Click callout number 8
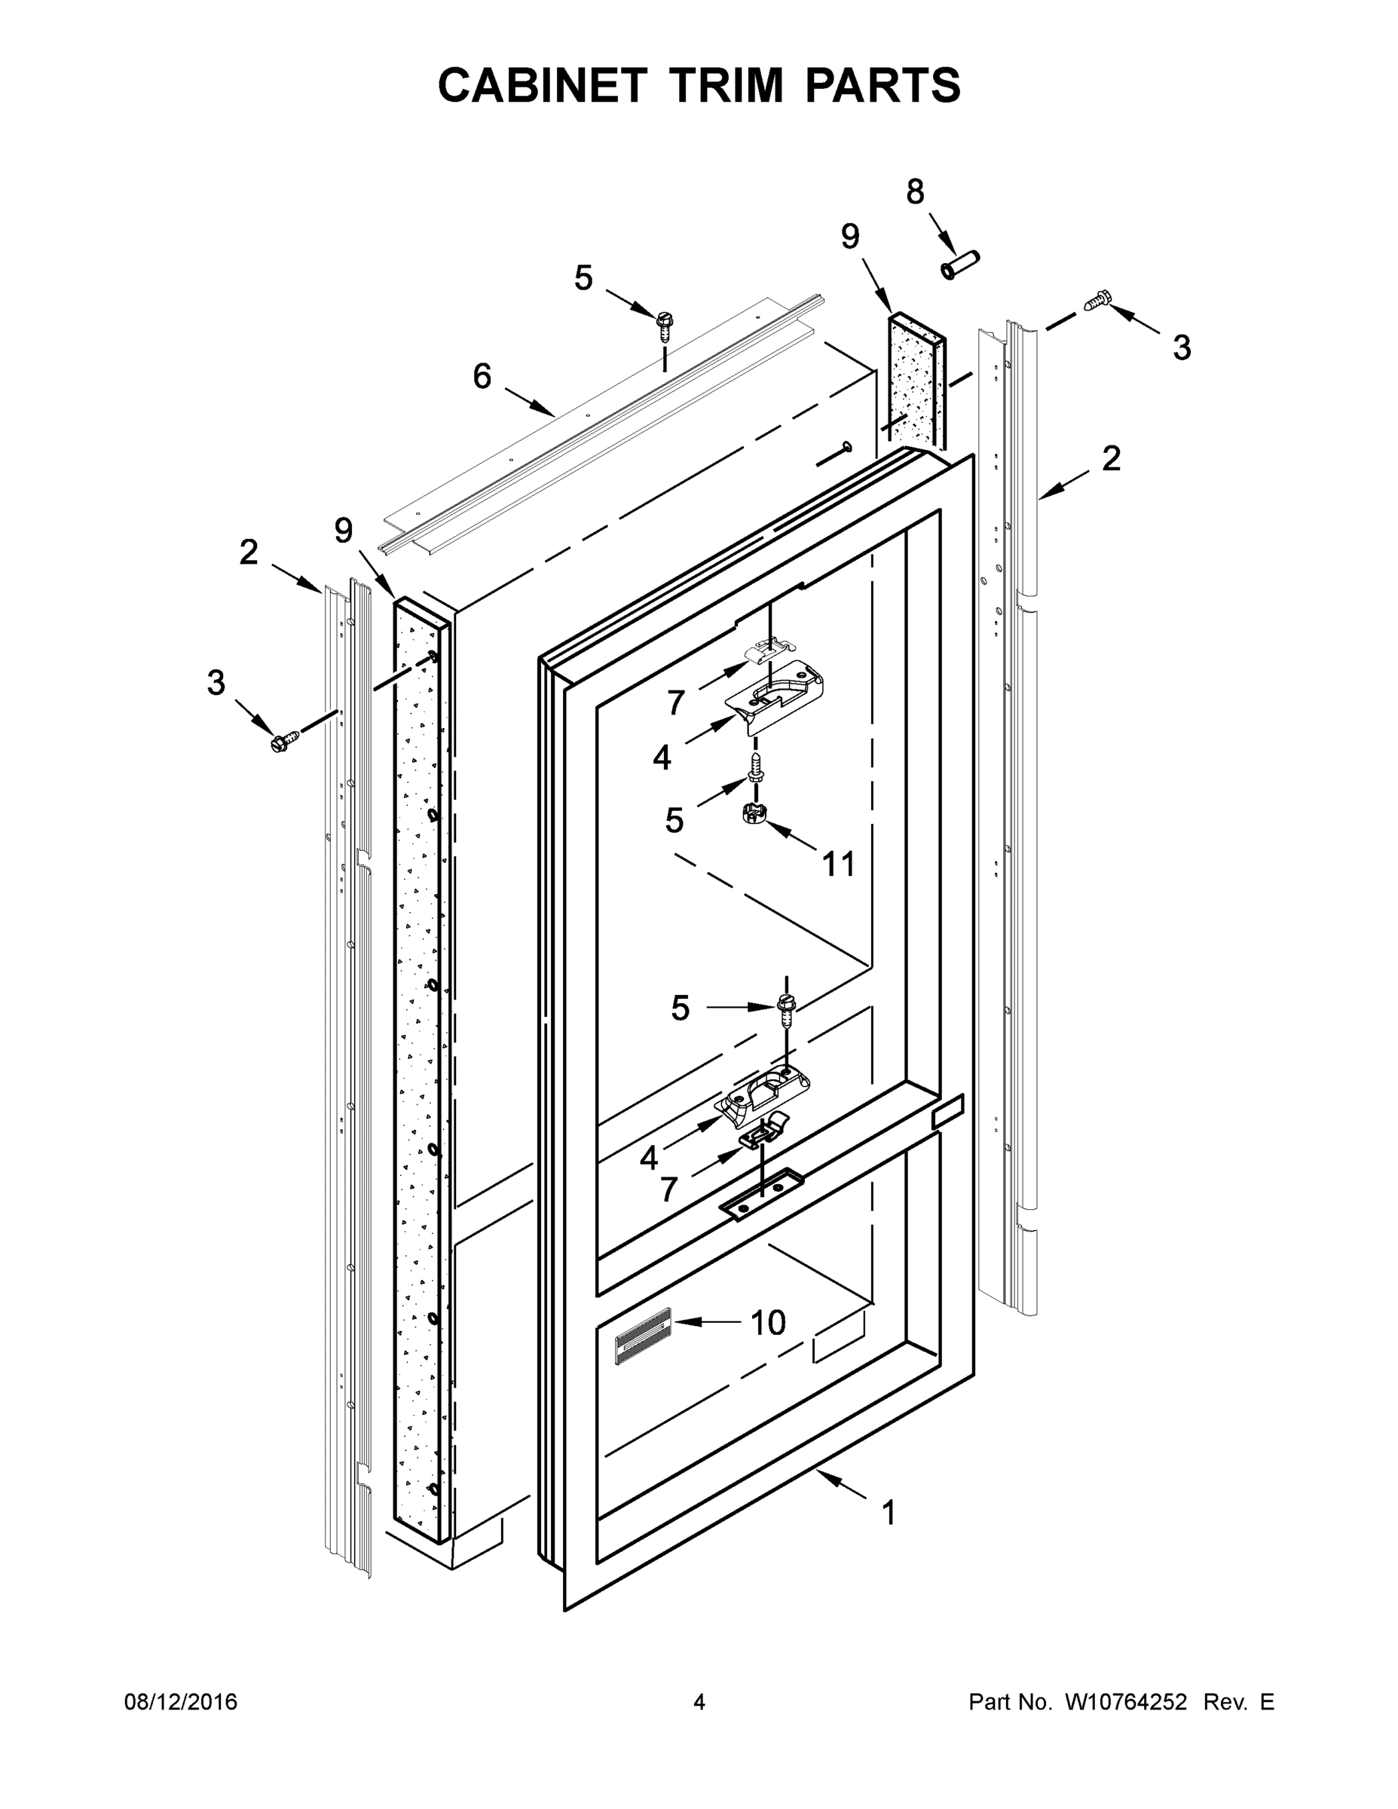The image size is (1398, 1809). [x=914, y=192]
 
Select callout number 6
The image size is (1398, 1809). [x=482, y=377]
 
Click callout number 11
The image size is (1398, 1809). [x=838, y=865]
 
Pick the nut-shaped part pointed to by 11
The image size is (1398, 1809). [x=751, y=813]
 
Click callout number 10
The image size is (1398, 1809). [x=768, y=1323]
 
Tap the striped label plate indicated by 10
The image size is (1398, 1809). [x=643, y=1334]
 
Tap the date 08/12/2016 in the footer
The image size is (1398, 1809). [x=181, y=1702]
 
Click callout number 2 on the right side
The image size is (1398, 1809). [x=1111, y=459]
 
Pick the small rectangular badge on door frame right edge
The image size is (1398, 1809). [x=948, y=1111]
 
